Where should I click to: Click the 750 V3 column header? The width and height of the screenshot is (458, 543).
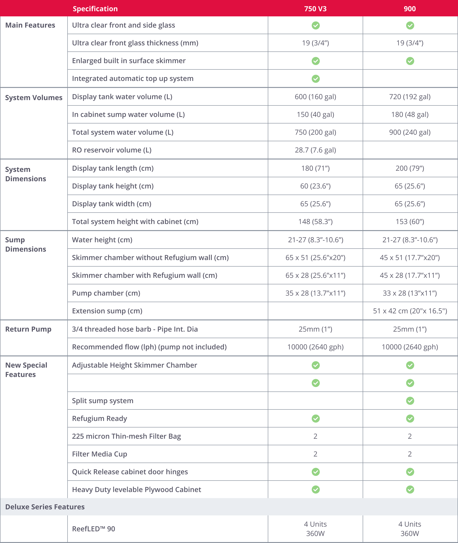(x=315, y=9)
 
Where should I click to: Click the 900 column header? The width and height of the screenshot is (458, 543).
(x=410, y=9)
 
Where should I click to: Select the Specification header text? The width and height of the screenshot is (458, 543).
(x=95, y=9)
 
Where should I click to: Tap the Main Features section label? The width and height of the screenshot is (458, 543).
(x=30, y=25)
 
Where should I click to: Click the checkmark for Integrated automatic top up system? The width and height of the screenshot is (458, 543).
(x=315, y=79)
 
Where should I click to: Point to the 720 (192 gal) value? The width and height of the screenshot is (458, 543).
(x=410, y=97)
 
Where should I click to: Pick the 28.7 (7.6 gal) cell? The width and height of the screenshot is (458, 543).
(x=315, y=150)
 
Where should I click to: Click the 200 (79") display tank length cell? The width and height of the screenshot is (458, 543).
(x=410, y=168)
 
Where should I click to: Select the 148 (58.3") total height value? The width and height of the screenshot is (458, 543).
(x=315, y=221)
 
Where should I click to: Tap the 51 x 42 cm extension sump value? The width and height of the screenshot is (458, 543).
(x=410, y=311)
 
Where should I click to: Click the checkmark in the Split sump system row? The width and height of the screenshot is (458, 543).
(x=410, y=401)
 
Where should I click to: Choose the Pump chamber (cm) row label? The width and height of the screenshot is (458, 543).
(x=106, y=293)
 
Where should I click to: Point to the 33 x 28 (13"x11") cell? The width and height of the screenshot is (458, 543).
(x=410, y=293)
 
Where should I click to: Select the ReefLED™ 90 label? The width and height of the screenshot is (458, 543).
(x=93, y=529)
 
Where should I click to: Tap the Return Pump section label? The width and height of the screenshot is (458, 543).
(x=28, y=329)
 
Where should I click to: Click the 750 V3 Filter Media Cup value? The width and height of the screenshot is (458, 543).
(x=315, y=454)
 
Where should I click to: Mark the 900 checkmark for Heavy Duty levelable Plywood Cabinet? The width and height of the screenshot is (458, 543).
(x=410, y=489)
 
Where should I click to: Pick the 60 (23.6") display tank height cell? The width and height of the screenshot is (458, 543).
(x=315, y=186)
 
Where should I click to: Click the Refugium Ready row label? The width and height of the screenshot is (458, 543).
(x=100, y=418)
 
